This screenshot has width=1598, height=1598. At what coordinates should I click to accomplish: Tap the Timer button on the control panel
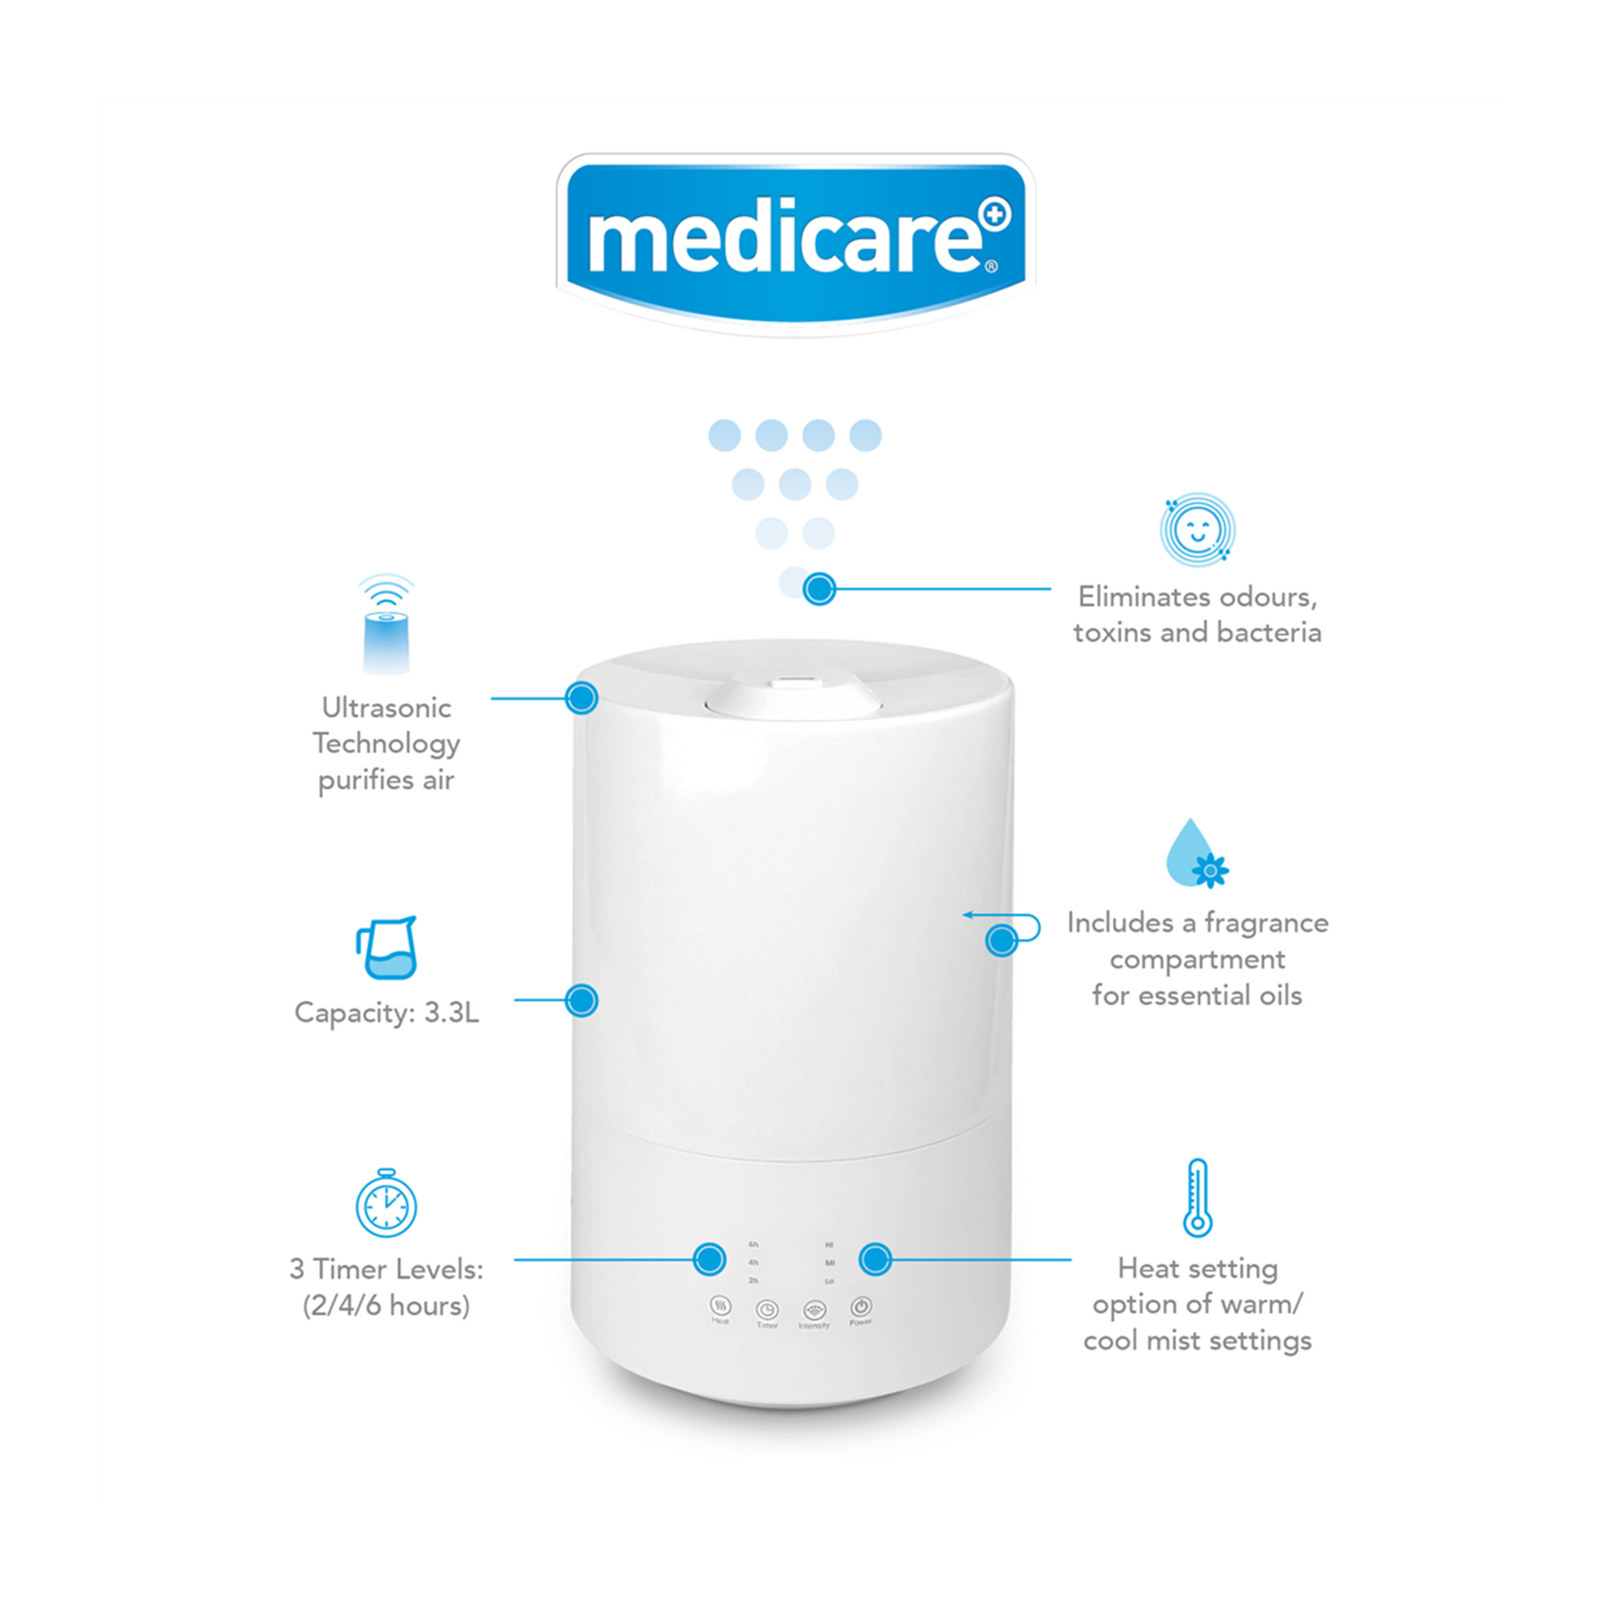pyautogui.click(x=768, y=1309)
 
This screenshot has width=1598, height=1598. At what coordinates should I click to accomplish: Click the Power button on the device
pyautogui.click(x=861, y=1306)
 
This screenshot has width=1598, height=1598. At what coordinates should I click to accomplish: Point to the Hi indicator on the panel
pyautogui.click(x=829, y=1244)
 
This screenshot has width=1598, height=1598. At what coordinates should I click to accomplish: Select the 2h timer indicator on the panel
pyautogui.click(x=754, y=1280)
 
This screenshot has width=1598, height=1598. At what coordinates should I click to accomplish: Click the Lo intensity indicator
pyautogui.click(x=829, y=1281)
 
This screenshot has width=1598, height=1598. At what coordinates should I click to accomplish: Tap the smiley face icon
pyautogui.click(x=1196, y=530)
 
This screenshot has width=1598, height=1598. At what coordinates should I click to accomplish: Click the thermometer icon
pyautogui.click(x=1196, y=1197)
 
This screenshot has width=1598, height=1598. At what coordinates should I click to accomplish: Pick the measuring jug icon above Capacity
pyautogui.click(x=387, y=948)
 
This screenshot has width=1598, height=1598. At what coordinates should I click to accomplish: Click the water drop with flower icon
pyautogui.click(x=1195, y=855)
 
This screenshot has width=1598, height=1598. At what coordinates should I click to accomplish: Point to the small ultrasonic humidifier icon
pyautogui.click(x=386, y=625)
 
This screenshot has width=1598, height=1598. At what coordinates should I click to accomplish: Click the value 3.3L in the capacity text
pyautogui.click(x=452, y=1013)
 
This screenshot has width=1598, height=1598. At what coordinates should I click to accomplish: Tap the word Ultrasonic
pyautogui.click(x=386, y=708)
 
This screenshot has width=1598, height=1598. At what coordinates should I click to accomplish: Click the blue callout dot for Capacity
pyautogui.click(x=581, y=1000)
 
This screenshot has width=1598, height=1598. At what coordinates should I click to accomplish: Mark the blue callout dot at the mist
pyautogui.click(x=820, y=589)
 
